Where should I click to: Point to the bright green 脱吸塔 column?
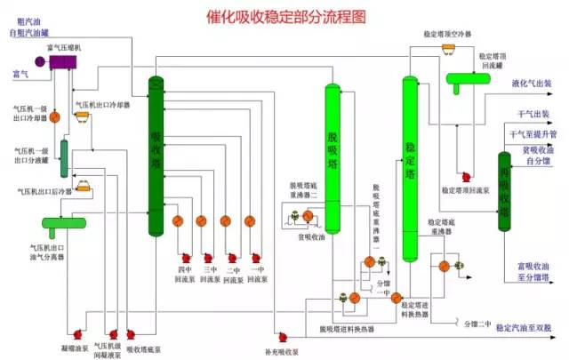(x=333, y=151)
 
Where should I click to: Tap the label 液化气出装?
(x=532, y=84)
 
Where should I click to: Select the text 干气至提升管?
(x=533, y=134)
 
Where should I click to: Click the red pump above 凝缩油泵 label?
(x=77, y=333)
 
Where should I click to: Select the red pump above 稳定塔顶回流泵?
(x=463, y=175)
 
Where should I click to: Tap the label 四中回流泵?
(x=185, y=273)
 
